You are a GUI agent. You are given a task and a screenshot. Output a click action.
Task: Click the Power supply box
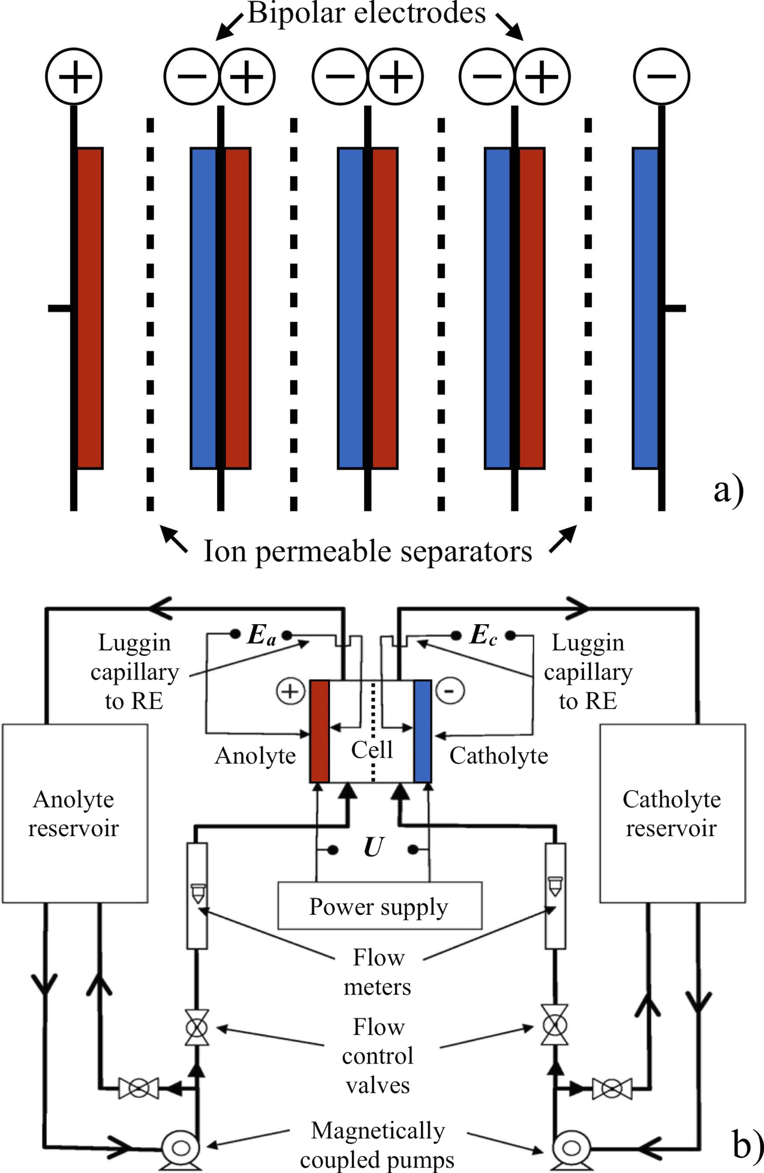(x=380, y=906)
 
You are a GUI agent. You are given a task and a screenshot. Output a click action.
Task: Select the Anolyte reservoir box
(x=74, y=813)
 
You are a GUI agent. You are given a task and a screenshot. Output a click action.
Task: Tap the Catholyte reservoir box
(x=672, y=813)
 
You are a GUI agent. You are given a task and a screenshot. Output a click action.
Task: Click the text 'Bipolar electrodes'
(x=366, y=13)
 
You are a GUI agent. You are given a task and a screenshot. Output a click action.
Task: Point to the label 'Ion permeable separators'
(x=368, y=551)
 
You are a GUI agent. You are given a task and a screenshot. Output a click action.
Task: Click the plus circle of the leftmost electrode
(x=74, y=76)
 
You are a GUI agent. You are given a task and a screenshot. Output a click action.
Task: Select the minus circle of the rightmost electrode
(x=661, y=76)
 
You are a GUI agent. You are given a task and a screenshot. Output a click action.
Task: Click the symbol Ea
(x=261, y=635)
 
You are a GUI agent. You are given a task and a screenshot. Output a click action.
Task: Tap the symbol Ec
(x=483, y=635)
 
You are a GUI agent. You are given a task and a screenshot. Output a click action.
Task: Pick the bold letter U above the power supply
(x=373, y=847)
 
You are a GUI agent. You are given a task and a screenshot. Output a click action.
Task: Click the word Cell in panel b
(x=372, y=750)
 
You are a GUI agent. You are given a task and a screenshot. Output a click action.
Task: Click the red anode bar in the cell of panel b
(x=320, y=731)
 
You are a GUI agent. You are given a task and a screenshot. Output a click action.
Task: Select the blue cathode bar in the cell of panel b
(x=423, y=731)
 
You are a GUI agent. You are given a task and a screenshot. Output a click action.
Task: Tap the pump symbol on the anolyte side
(x=181, y=1149)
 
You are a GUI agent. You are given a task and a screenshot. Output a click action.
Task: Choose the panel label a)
(x=728, y=490)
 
